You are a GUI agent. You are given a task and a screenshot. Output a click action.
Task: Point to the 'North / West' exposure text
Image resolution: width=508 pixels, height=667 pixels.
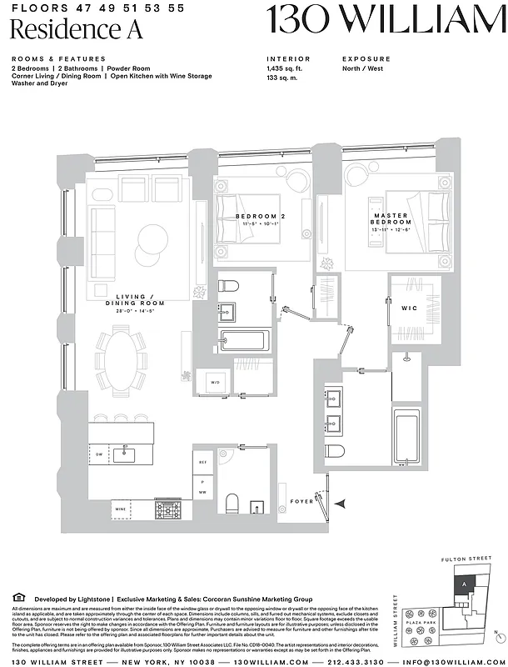364,68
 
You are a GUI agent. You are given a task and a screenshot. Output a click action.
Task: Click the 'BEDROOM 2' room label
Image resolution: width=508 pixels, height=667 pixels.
261,217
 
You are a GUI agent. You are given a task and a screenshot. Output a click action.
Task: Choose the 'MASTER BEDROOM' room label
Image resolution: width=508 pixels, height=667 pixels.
391,219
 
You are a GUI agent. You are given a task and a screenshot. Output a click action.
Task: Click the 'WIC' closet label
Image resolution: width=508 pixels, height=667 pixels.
410,308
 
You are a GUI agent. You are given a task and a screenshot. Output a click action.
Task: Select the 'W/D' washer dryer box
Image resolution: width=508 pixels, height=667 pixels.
215,384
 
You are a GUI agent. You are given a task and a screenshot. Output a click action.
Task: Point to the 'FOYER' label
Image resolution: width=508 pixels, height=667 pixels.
301,502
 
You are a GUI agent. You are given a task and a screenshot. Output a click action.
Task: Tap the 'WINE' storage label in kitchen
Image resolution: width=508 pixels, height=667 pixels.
120,506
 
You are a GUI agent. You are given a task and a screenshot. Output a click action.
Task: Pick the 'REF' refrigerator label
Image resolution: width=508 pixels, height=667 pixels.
202,460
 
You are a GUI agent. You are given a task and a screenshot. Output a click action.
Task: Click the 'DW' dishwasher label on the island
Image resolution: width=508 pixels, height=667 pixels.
99,454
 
